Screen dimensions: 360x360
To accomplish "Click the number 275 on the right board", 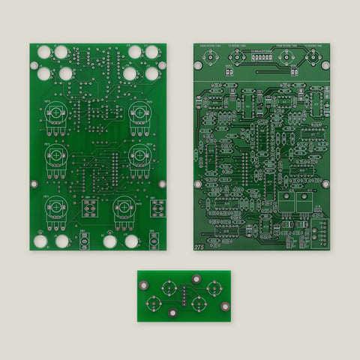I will click(199, 246).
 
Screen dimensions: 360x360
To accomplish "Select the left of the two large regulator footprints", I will click(287, 203).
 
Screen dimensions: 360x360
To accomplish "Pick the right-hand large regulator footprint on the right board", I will click(305, 203).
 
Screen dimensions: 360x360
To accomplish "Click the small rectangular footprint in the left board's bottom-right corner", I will click(154, 241).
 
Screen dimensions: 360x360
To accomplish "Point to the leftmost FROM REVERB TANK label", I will click(208, 46).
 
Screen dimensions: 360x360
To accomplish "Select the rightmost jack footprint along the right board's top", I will click(319, 58).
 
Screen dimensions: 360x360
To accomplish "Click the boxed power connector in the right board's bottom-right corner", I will click(320, 232).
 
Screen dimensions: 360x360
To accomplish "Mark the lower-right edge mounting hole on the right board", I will click(325, 183).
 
